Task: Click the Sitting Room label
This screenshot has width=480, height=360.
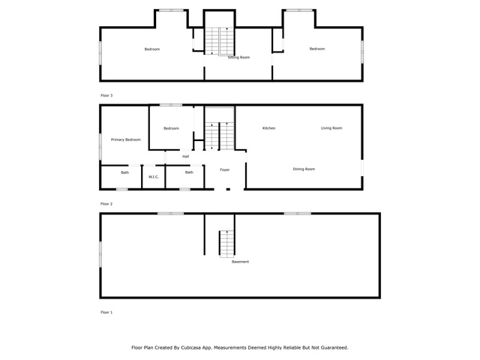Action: point(238,57)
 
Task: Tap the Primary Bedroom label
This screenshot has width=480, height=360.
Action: point(126,139)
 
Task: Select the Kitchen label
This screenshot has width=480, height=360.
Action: point(268,128)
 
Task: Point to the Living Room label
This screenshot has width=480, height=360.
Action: point(331,128)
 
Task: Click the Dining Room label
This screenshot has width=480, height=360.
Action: point(304,169)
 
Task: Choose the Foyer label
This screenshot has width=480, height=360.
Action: point(225,169)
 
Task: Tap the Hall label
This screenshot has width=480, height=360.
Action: point(185,157)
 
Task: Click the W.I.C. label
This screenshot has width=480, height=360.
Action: point(154,177)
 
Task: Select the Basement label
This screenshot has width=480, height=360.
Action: point(240,262)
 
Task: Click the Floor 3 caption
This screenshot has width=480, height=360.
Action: point(106,95)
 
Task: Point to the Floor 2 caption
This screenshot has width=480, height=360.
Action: point(106,204)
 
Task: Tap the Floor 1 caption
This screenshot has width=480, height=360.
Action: point(106,312)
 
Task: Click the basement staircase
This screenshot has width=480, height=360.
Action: point(226,244)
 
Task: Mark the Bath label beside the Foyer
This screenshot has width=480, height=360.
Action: point(189,172)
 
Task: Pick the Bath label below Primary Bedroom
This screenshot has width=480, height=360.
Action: point(125,172)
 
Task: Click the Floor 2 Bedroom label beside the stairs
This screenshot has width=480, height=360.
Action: point(171,128)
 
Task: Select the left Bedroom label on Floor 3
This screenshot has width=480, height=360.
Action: point(152,49)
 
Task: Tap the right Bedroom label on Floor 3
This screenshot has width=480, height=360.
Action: point(317,49)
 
